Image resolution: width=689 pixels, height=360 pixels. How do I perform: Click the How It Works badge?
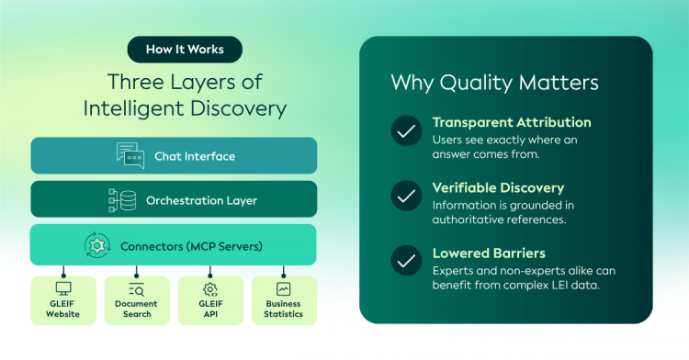click(185, 50)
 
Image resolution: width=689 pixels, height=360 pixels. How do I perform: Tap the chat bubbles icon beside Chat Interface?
click(130, 155)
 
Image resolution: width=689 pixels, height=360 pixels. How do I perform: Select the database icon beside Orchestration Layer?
click(122, 200)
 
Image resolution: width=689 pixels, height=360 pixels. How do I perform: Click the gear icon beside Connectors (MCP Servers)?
click(97, 245)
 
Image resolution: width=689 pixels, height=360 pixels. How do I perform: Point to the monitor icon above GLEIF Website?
click(63, 288)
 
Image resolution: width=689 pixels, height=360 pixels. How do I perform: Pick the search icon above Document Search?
click(137, 289)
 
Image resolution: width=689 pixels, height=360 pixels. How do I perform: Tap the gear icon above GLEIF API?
click(210, 289)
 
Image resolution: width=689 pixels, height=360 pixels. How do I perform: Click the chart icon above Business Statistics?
click(284, 289)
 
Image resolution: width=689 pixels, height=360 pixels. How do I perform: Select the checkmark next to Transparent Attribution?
click(406, 130)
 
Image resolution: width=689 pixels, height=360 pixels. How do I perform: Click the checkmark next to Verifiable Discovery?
click(406, 196)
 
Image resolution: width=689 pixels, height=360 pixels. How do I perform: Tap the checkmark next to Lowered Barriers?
click(406, 260)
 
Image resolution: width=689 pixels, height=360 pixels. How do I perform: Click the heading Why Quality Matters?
click(495, 83)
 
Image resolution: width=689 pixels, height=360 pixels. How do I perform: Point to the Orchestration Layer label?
click(202, 200)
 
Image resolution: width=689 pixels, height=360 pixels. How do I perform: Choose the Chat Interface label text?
click(195, 156)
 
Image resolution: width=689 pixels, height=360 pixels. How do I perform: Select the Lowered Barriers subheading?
click(489, 253)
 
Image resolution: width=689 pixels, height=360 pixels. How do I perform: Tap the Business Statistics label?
click(284, 309)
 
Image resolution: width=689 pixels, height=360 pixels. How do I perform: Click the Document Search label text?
click(136, 309)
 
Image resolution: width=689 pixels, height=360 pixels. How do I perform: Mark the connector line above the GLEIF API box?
click(210, 271)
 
